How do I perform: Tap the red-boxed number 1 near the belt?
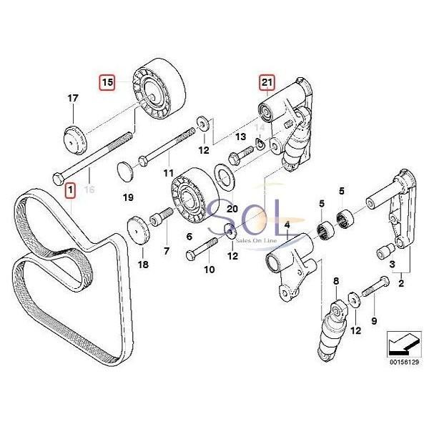(69, 189)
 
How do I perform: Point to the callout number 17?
(72, 98)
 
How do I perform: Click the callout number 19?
(129, 197)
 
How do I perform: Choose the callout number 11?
(168, 174)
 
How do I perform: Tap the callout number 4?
(287, 227)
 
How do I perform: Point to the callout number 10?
(189, 270)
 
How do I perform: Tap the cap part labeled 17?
(74, 137)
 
